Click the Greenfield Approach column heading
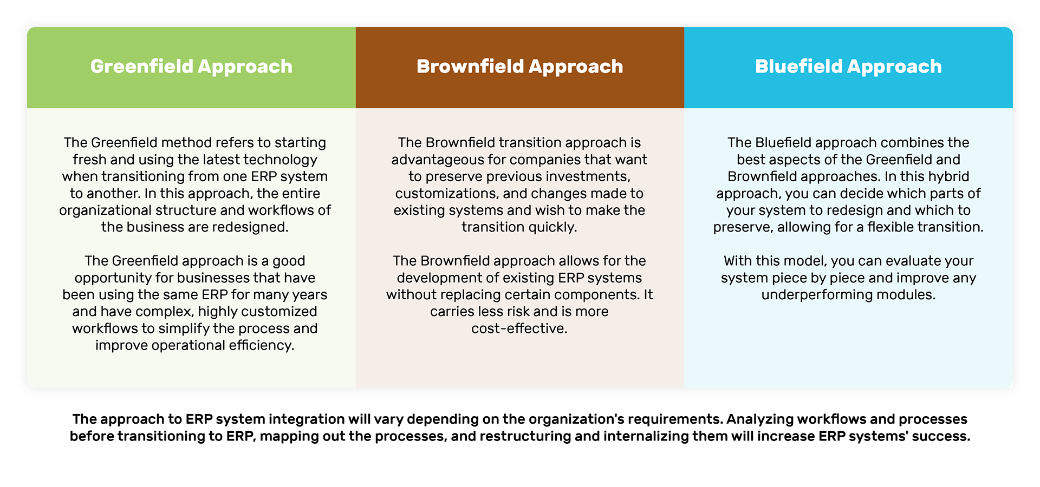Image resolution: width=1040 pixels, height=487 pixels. [191, 67]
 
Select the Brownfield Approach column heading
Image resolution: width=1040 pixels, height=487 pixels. [519, 67]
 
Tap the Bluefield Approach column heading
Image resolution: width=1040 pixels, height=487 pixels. [848, 67]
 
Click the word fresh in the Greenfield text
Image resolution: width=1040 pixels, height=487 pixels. [90, 160]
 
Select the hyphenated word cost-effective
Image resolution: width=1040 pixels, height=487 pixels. [519, 328]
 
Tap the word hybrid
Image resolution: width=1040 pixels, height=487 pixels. [948, 177]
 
